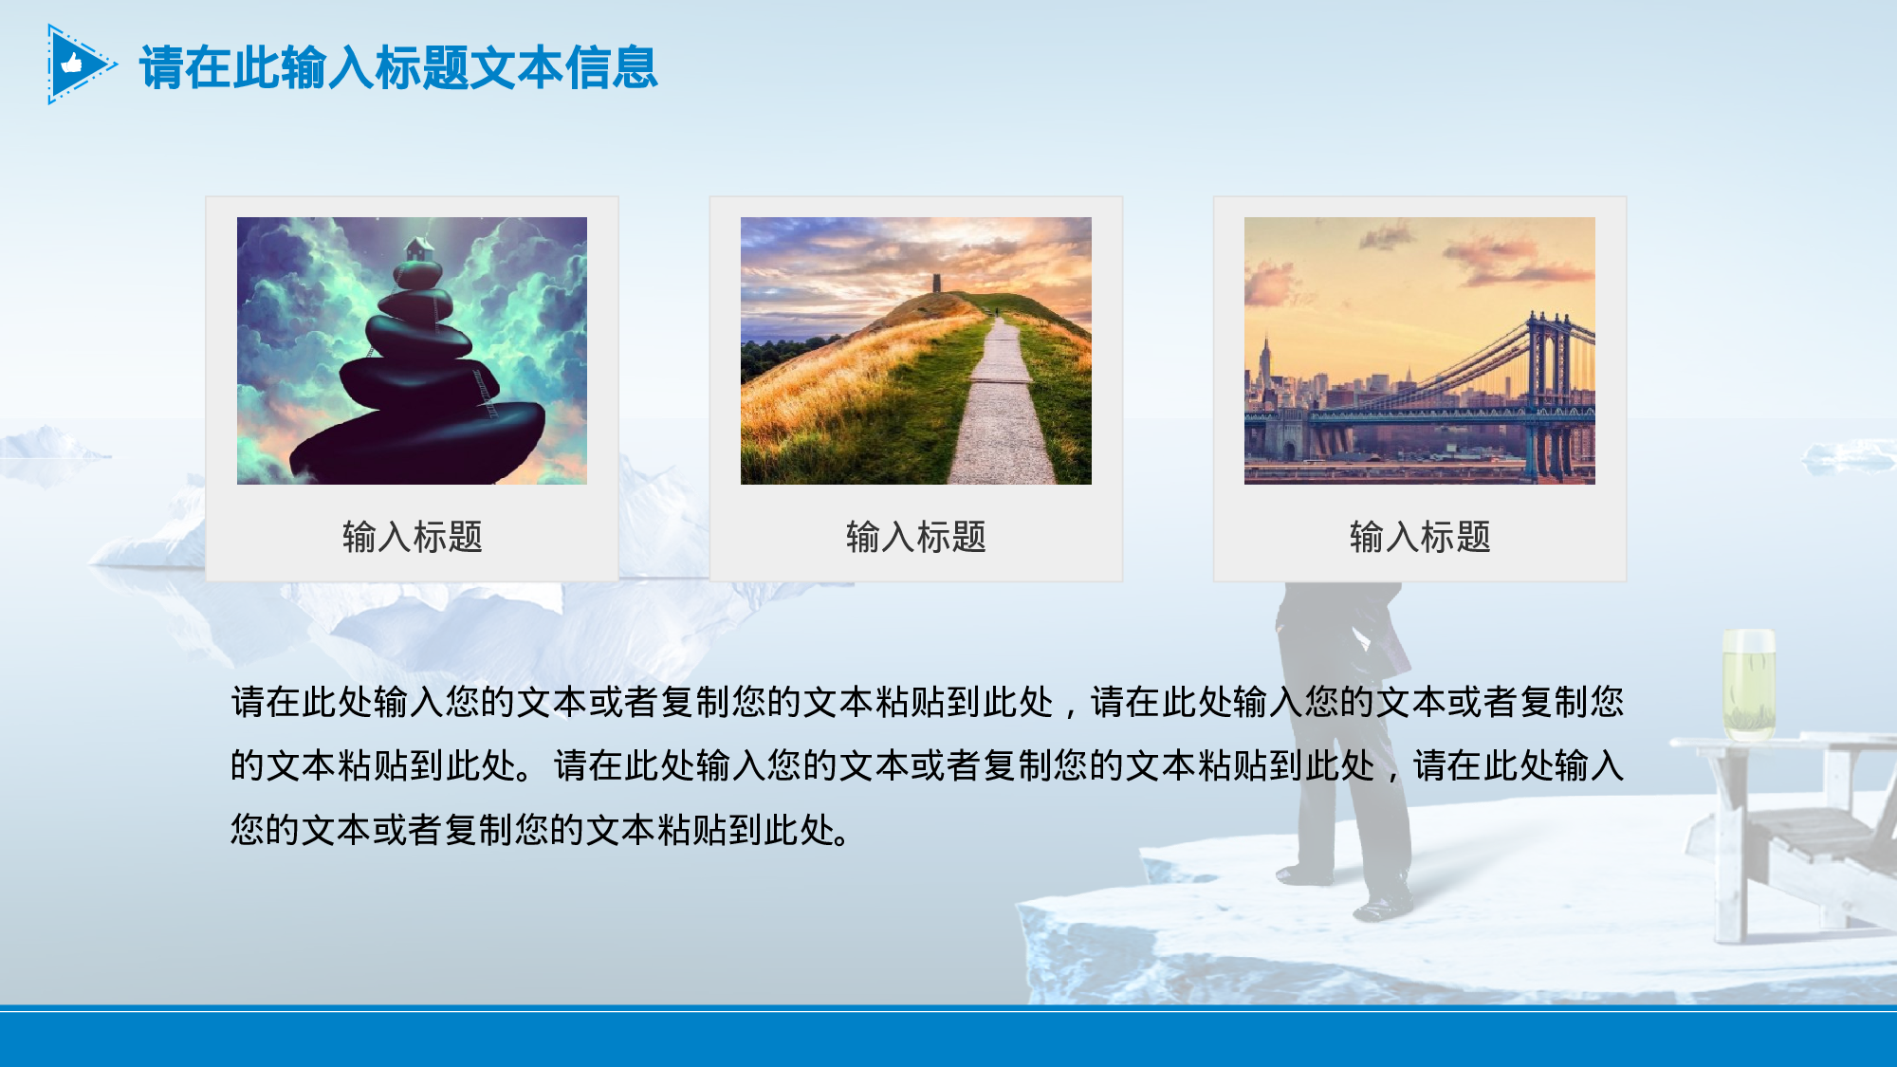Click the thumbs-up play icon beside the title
(x=76, y=64)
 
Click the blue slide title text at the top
(x=398, y=68)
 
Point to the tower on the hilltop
(x=936, y=283)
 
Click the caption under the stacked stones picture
(x=413, y=537)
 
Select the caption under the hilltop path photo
(x=916, y=537)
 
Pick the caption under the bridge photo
(x=1420, y=537)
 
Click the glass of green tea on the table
(x=1748, y=683)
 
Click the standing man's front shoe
(x=1380, y=908)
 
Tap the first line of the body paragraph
(x=927, y=702)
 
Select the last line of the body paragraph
(x=541, y=830)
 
